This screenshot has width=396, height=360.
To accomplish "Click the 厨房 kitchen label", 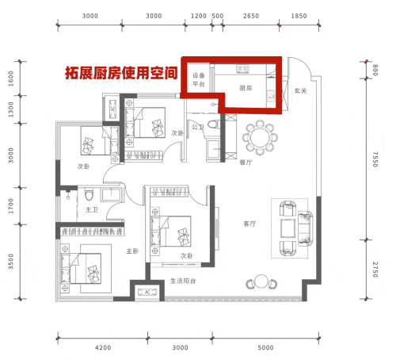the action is click(246, 88).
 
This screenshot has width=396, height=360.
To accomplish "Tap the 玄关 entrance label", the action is click(300, 91).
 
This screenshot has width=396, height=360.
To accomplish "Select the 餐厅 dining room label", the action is click(246, 163).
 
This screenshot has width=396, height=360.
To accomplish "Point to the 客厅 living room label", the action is click(249, 224).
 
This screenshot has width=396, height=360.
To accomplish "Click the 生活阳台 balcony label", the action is click(183, 281).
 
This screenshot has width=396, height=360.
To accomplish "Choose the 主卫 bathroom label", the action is click(92, 210).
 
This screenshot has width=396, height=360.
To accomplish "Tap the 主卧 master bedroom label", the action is click(132, 251).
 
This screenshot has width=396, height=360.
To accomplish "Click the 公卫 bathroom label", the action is click(198, 127).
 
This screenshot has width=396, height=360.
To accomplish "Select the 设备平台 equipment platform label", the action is click(199, 80).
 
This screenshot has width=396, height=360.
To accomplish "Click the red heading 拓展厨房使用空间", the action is click(121, 73).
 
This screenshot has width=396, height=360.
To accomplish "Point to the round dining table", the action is click(260, 137).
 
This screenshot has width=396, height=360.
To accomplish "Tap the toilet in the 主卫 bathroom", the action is click(89, 194).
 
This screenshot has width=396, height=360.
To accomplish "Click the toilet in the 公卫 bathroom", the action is click(214, 124).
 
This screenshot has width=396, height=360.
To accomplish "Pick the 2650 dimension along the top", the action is click(251, 16).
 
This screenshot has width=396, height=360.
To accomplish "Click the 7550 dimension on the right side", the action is click(375, 159).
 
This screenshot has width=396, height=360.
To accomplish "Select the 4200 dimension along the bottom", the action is click(103, 347).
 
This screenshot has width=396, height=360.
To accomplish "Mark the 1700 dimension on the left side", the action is click(11, 206).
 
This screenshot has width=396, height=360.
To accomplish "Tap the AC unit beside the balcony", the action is click(147, 292).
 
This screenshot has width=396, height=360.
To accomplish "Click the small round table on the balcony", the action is click(261, 281).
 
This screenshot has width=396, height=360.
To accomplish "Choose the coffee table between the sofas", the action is click(287, 228).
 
